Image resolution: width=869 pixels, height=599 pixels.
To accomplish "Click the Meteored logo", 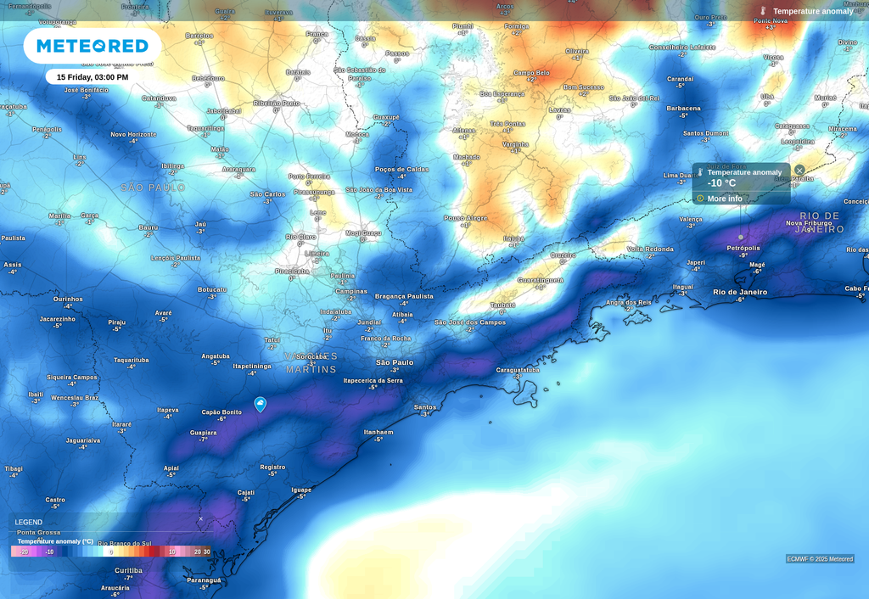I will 92,46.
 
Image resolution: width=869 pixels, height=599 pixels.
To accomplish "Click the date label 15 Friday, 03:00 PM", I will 93,77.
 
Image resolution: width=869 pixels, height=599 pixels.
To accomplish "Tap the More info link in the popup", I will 724,199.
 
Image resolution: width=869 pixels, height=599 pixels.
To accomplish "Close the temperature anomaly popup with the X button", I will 799,171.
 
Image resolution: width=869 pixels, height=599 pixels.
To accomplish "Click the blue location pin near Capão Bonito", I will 261,405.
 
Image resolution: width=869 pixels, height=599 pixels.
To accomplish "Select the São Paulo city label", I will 395,362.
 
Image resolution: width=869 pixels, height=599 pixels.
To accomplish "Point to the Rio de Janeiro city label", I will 740,292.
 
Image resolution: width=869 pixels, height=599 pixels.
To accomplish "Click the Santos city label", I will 425,407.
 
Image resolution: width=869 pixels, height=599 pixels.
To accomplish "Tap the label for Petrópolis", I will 743,248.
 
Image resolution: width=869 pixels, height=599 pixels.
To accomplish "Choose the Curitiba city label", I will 128,570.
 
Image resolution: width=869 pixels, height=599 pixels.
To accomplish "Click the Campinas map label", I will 351,291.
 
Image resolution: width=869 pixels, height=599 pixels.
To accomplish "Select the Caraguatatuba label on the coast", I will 517,370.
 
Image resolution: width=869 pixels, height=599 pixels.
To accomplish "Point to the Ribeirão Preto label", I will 276,103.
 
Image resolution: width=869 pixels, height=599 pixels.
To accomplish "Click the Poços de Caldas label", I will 401,169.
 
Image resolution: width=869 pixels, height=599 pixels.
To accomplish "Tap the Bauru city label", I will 149,227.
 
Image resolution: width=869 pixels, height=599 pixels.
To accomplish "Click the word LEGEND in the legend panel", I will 28,522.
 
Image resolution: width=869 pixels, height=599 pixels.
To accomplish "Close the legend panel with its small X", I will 201,518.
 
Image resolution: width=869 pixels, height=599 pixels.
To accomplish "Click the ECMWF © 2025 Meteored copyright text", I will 820,558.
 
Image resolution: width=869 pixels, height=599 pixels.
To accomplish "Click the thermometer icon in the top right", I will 763,11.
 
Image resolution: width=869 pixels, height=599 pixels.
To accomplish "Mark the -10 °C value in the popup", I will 721,183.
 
